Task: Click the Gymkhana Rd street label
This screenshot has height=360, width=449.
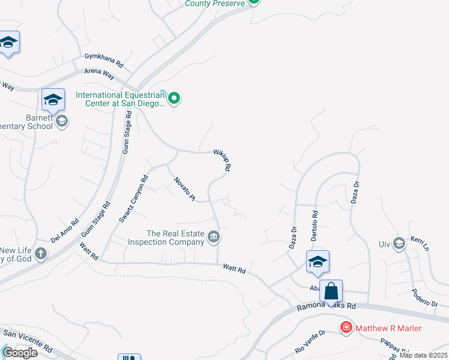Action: point(103,63)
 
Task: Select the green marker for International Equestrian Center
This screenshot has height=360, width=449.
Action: point(174,97)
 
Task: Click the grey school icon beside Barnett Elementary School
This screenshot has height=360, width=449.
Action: point(61,122)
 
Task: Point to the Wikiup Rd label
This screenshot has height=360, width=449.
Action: point(222,160)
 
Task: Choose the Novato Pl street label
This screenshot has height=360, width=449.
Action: point(185,188)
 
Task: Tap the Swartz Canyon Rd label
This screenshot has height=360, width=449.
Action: point(133,199)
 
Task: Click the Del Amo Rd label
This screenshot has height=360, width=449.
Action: point(65,230)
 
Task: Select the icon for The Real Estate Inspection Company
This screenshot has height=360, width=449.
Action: point(213,238)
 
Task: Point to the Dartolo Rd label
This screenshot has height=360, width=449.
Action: point(315,222)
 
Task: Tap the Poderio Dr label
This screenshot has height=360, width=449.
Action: point(425,295)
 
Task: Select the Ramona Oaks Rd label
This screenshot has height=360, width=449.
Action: point(327,306)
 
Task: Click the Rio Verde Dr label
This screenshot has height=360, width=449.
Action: point(310,341)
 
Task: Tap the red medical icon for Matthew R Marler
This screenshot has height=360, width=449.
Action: point(346,328)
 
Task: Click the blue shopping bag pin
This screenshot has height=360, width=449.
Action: point(331,292)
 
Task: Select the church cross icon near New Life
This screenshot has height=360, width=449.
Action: point(41,253)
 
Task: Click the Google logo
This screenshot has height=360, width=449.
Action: point(20,352)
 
